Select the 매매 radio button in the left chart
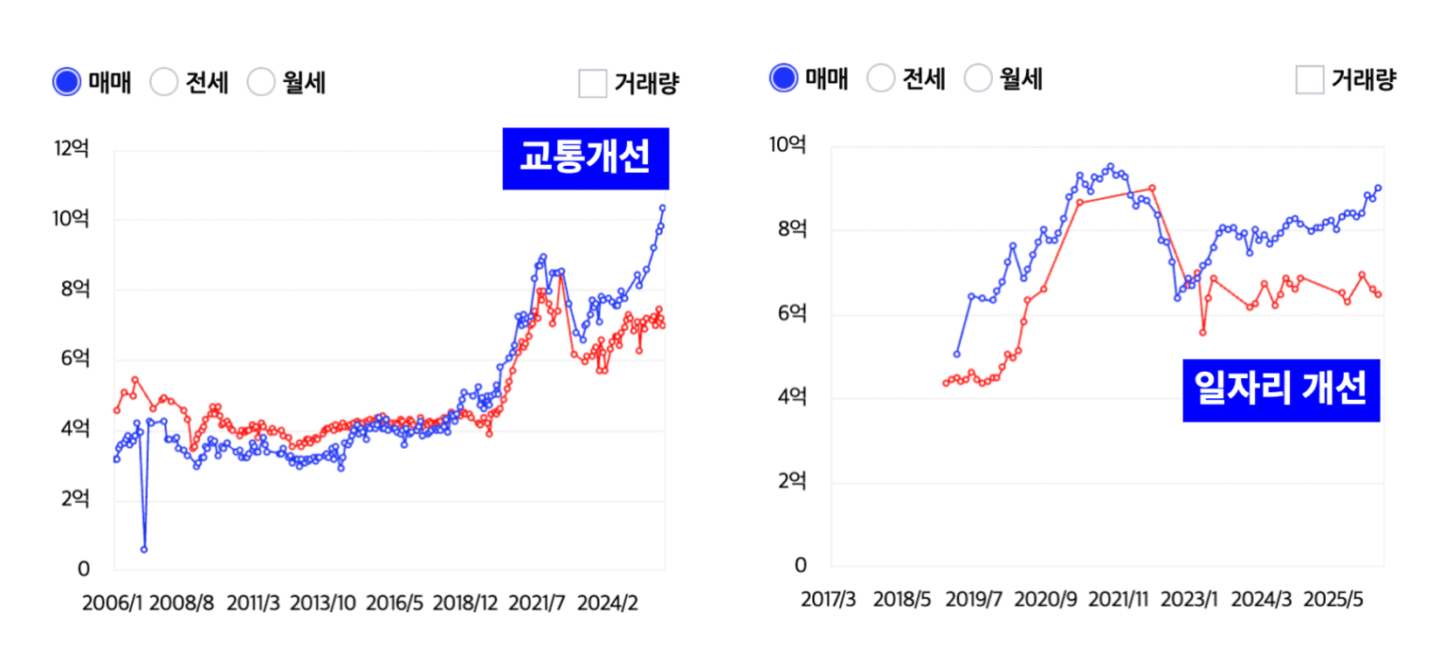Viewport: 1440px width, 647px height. pos(67,82)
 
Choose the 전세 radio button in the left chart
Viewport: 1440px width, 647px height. pos(164,82)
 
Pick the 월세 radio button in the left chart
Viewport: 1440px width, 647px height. pos(261,82)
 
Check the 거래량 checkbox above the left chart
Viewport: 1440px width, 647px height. pos(593,84)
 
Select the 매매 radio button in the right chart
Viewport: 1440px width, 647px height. pos(784,78)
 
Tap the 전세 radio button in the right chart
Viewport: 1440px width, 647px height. pos(881,78)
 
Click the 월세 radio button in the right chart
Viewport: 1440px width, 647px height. pos(978,78)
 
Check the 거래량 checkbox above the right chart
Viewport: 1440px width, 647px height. pos(1310,79)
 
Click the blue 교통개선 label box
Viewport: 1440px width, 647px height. pos(585,158)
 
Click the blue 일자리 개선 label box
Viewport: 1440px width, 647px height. pos(1281,389)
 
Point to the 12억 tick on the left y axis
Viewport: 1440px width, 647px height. pos(72,148)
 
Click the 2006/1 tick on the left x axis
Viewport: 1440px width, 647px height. pos(112,603)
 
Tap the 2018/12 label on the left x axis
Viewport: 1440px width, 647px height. pos(465,603)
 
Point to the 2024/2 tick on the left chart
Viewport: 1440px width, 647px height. pos(608,603)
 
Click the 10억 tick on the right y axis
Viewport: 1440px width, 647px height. pos(787,145)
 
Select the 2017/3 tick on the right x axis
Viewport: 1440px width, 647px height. pos(828,600)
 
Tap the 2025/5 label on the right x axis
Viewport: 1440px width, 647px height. pos(1333,600)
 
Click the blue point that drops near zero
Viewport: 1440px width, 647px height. pos(144,549)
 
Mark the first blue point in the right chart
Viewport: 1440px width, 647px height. pos(957,354)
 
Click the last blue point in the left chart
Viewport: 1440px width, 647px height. pos(663,208)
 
